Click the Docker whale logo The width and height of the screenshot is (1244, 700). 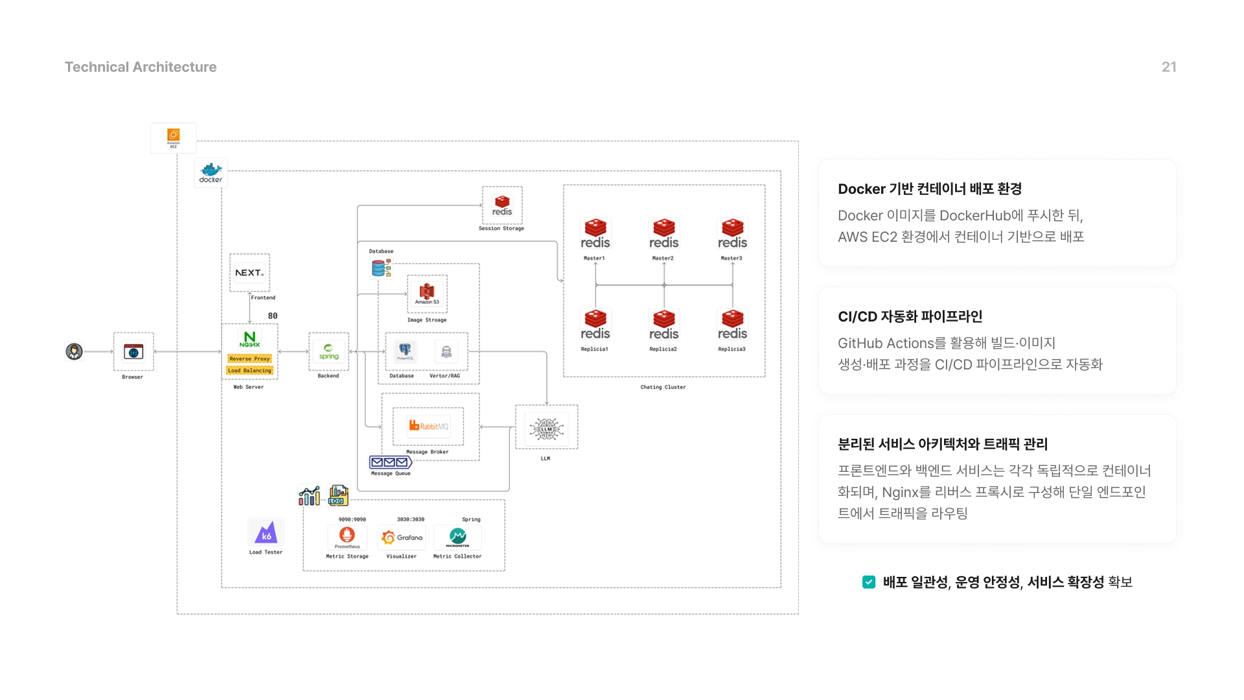211,172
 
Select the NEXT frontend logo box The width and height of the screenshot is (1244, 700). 249,273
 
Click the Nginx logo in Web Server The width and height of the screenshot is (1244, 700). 249,339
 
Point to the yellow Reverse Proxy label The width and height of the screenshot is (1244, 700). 249,358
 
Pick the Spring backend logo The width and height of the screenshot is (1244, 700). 328,351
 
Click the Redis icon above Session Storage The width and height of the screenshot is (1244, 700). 502,205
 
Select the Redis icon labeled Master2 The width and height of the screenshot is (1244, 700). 663,234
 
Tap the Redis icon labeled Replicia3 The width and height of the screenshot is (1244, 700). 732,325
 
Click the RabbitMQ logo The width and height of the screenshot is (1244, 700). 428,426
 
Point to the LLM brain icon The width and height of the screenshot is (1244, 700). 546,428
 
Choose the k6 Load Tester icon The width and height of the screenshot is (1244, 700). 266,533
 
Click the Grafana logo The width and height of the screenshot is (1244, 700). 402,537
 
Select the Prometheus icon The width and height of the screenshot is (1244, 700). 347,535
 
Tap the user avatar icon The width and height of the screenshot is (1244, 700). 75,351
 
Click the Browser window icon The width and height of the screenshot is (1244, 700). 133,352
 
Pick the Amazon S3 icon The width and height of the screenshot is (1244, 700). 427,293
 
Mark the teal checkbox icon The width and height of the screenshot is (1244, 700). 869,582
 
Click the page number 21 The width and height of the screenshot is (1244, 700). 1169,67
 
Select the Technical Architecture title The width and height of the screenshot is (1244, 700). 141,67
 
